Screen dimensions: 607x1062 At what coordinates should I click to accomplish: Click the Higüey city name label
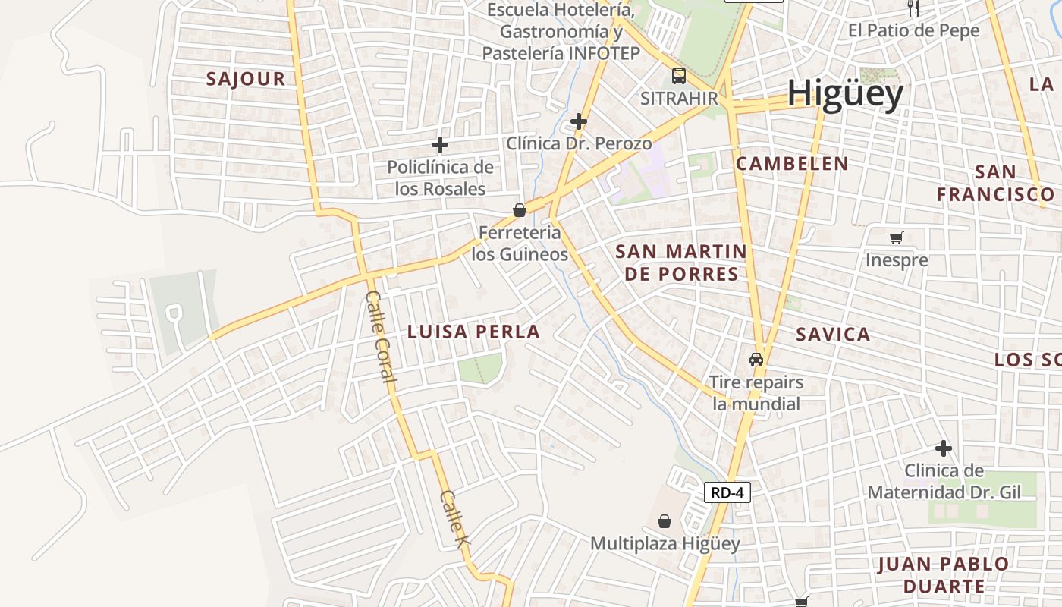845,94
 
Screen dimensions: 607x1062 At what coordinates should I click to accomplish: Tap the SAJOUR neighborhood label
246,78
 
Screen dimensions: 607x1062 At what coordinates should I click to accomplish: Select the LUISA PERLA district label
473,332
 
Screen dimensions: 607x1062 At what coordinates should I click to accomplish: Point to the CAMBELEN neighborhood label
792,163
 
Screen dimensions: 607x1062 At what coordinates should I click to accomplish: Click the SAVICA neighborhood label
833,334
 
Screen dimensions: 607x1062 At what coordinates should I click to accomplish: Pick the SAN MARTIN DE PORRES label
680,263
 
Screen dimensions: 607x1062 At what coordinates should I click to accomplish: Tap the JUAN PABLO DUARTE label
944,575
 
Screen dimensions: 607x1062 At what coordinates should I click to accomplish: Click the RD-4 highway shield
727,492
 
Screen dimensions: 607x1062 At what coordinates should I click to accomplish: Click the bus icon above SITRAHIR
678,75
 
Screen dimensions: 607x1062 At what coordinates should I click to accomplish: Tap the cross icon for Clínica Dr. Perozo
579,121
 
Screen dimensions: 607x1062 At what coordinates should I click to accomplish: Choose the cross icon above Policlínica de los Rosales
440,144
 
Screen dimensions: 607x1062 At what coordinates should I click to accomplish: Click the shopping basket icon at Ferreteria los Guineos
520,210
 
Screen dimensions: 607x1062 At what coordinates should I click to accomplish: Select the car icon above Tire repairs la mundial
756,359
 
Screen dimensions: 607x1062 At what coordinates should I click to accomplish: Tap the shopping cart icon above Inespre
897,237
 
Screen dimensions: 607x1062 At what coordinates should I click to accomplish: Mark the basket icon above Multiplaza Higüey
665,521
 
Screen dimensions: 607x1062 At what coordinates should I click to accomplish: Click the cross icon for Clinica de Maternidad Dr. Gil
943,448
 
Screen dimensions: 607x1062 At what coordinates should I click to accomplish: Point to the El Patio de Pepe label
913,31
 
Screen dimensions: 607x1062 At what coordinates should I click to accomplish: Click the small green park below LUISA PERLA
479,368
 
